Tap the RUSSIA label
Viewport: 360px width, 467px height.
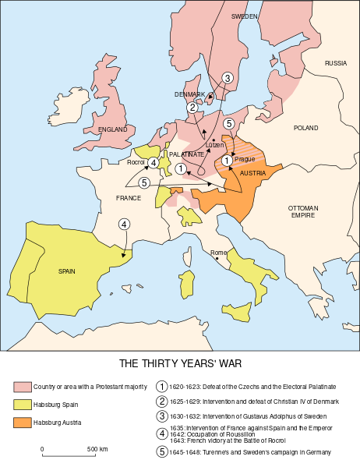pos(336,62)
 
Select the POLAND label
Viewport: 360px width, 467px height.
pos(305,127)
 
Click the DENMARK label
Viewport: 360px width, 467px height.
pos(189,94)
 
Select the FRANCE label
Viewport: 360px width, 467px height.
pos(129,198)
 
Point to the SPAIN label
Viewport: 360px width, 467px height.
pos(68,271)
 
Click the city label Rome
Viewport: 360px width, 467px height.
pos(218,253)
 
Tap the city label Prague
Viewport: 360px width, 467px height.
pos(244,159)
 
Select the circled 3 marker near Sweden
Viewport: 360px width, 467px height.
pos(227,77)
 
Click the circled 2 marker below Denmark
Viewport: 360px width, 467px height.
pos(192,108)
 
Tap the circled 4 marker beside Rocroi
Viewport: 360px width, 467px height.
pos(154,162)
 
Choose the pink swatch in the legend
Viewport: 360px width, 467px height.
pos(23,387)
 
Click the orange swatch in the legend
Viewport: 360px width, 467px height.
pos(23,423)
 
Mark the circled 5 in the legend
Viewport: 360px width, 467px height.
pos(162,451)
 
